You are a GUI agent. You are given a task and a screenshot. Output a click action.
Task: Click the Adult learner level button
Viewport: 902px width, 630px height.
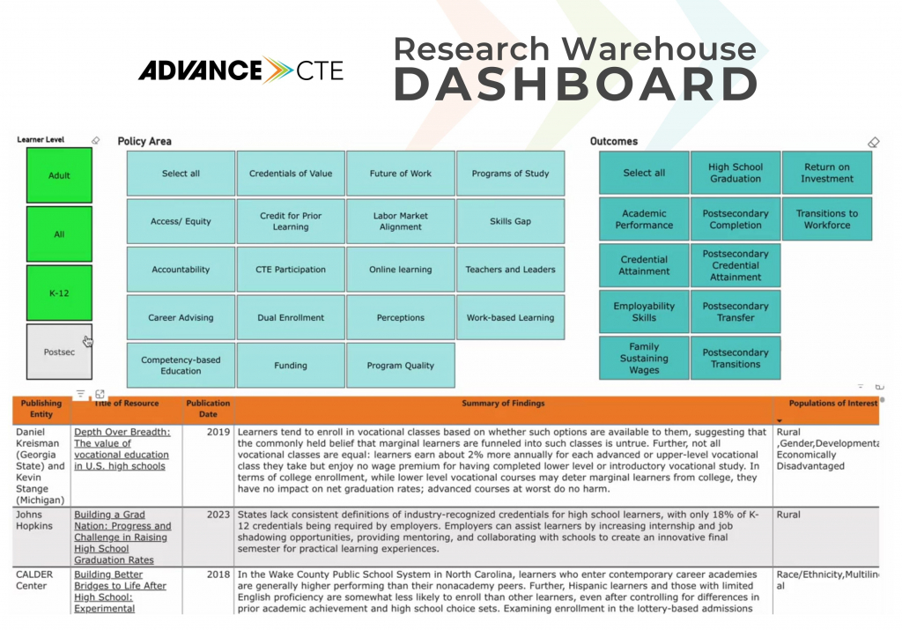click(59, 175)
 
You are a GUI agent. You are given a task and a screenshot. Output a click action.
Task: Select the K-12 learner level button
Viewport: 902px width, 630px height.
click(59, 293)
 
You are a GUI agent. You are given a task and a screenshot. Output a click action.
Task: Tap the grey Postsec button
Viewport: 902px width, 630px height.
click(59, 352)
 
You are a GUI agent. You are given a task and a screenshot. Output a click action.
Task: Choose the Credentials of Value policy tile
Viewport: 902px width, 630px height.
click(291, 174)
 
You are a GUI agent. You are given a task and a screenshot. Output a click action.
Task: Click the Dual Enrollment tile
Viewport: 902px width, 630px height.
click(291, 318)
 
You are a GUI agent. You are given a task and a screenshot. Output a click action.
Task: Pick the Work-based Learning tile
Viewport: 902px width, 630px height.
click(510, 318)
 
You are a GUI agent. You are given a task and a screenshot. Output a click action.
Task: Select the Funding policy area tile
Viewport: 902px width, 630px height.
click(291, 366)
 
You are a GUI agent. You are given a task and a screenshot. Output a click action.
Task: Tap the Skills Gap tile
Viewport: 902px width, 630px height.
click(510, 221)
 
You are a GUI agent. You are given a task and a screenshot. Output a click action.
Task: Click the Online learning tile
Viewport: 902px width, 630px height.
click(401, 270)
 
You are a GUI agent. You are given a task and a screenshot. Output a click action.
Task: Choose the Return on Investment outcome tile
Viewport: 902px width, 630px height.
click(826, 173)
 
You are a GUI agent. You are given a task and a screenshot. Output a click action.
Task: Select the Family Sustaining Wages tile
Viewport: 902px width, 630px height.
click(644, 359)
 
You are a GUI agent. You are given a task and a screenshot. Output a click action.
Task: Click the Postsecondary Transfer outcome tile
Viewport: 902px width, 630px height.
click(736, 312)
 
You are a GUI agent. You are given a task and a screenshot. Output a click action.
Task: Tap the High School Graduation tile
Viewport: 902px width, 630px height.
click(736, 173)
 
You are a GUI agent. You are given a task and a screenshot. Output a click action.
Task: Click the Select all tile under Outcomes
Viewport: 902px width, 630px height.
click(644, 173)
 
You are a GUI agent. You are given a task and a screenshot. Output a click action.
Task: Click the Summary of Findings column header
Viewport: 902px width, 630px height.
click(503, 404)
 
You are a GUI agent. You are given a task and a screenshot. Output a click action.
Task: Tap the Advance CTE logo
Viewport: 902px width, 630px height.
click(240, 70)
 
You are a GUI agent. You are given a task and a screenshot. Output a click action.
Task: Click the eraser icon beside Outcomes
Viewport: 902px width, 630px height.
click(873, 142)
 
